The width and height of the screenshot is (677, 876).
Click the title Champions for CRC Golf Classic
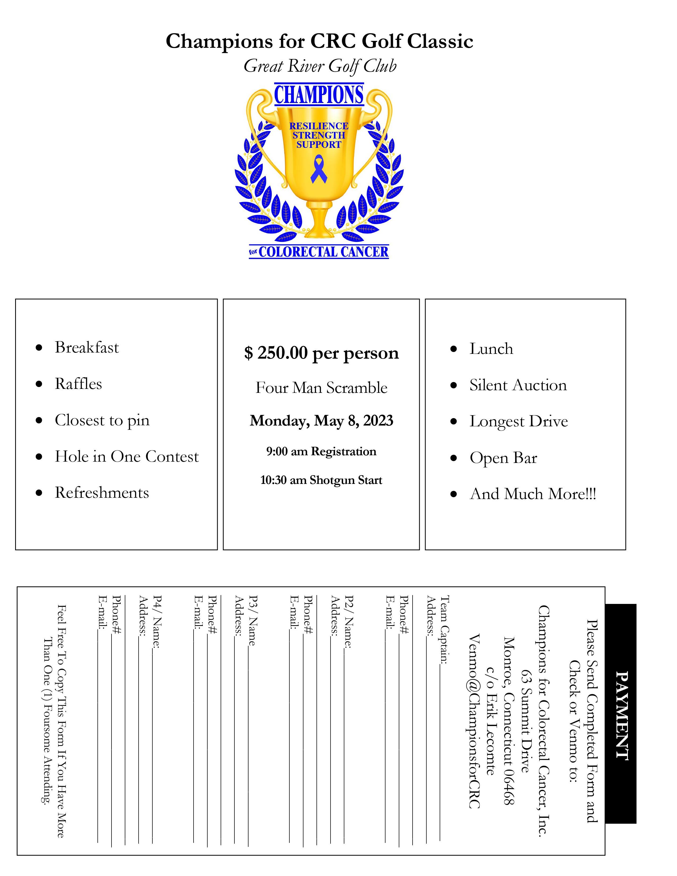point(320,41)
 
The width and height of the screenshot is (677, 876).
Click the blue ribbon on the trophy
point(318,170)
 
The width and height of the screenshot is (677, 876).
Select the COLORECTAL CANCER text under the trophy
point(323,252)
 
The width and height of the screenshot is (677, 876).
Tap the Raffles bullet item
point(78,384)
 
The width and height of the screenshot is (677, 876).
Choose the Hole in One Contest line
point(127,457)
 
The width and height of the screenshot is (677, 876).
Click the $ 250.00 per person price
point(321,353)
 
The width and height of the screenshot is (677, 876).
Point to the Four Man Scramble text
point(321,388)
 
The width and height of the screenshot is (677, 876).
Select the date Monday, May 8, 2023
point(321,420)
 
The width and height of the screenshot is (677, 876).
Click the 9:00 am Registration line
point(321,451)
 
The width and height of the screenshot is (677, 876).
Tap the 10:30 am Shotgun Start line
point(321,480)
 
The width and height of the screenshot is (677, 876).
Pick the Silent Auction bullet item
point(518,385)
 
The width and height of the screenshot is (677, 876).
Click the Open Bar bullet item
point(503,458)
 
